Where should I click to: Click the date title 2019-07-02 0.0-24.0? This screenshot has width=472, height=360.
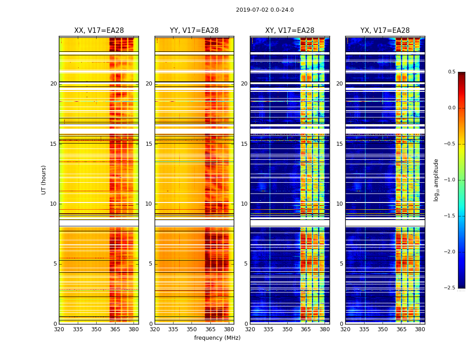pos(265,10)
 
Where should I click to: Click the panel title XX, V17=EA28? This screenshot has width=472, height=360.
pos(99,31)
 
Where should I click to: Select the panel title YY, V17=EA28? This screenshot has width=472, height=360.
pos(194,31)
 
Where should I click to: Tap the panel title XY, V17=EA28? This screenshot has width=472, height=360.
pos(289,31)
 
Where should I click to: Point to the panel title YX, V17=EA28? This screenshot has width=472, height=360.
pos(385,31)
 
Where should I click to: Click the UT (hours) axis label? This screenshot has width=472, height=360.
pos(44,180)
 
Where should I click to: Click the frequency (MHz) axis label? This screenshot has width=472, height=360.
pos(217,338)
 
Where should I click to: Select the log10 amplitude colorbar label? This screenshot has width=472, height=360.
pos(436,180)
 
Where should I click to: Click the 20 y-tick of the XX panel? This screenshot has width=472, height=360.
pos(53,84)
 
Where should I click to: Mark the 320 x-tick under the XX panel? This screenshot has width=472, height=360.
pos(59,329)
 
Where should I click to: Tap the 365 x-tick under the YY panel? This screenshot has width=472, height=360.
pos(210,329)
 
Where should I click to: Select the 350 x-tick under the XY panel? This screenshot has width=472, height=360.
pos(287,329)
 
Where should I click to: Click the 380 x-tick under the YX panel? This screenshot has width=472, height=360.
pos(420,329)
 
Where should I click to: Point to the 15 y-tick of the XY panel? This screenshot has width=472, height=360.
pos(244,144)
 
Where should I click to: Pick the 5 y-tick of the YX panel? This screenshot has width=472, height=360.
pos(341,264)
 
